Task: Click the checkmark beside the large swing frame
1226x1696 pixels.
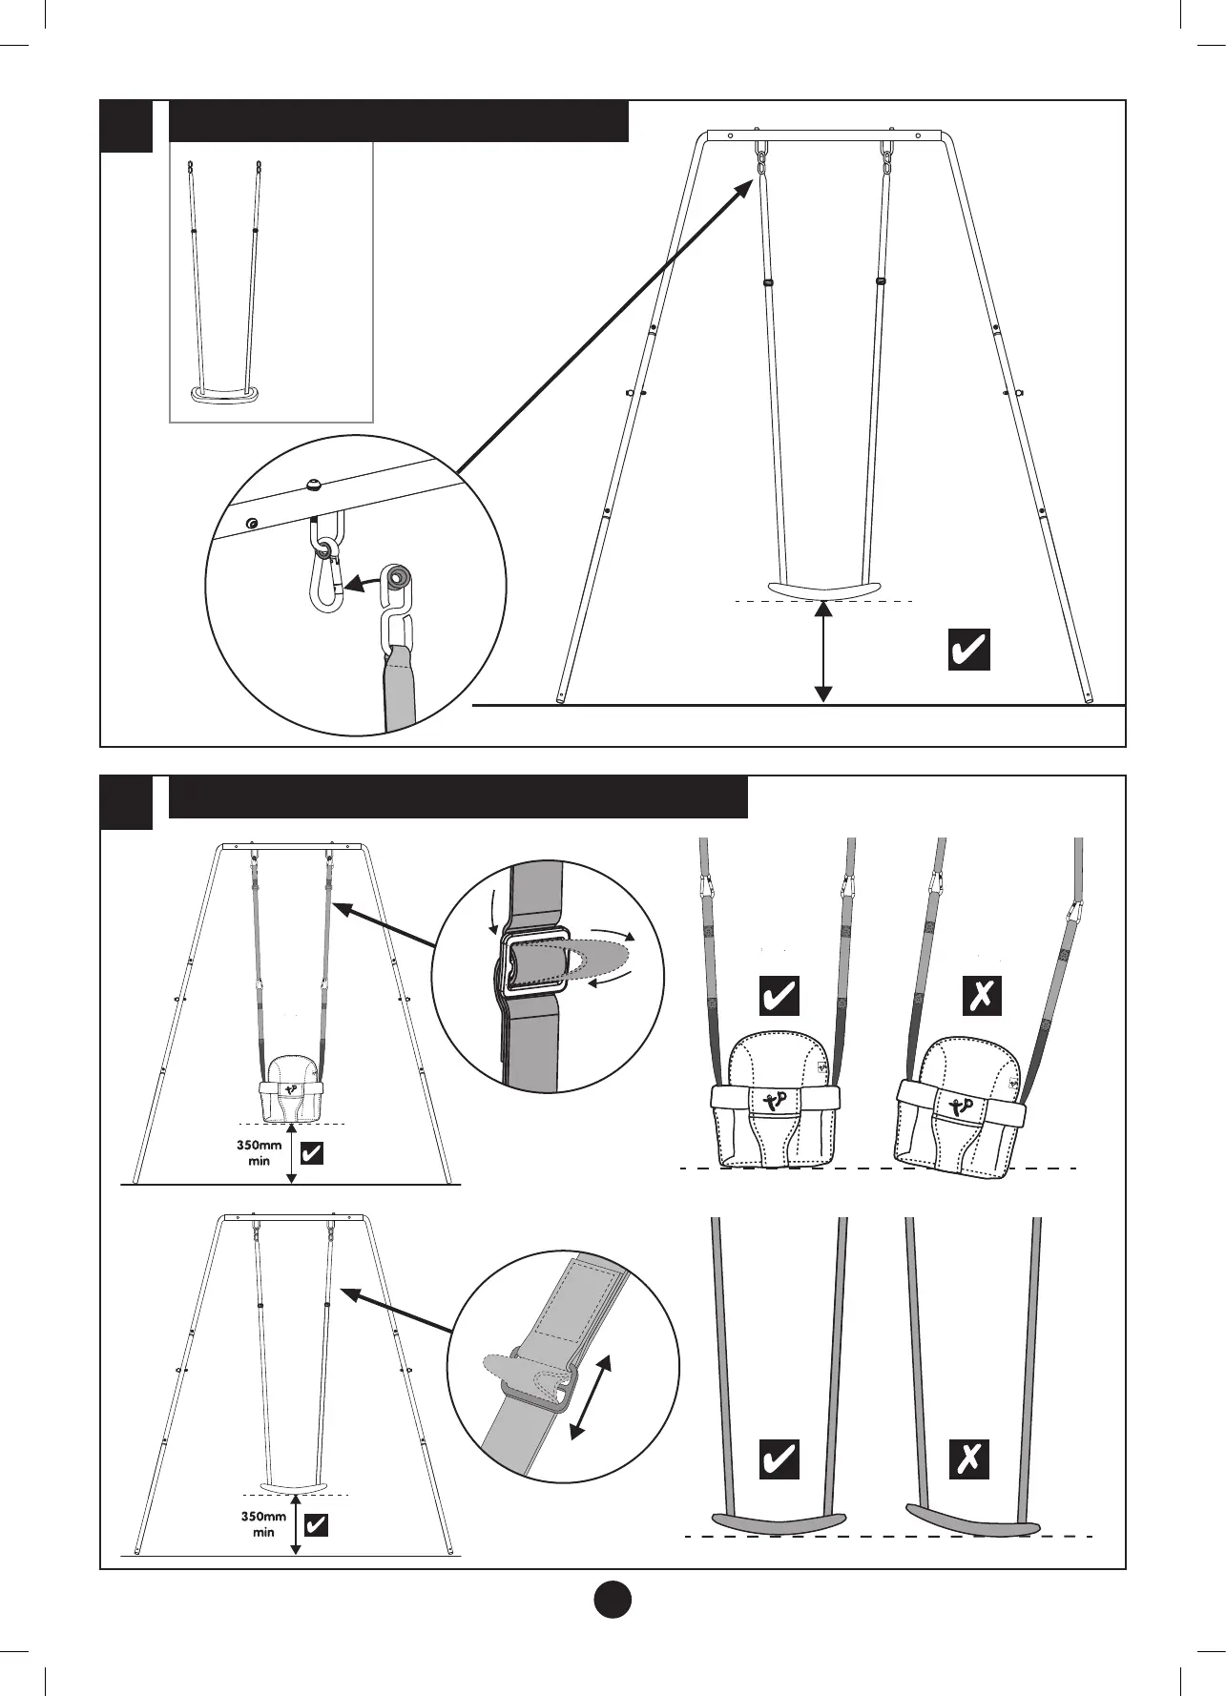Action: (x=968, y=650)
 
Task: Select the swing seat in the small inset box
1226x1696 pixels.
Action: (x=224, y=394)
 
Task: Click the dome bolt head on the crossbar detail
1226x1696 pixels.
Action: (x=314, y=485)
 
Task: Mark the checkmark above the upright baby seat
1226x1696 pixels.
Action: (x=779, y=996)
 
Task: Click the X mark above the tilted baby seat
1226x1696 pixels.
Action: (x=982, y=996)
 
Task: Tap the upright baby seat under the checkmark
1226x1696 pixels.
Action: (x=777, y=1107)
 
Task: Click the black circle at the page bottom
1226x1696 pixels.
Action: (x=613, y=1599)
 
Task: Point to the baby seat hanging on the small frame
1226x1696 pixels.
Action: (x=291, y=1087)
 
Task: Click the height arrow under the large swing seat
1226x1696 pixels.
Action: (x=823, y=653)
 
